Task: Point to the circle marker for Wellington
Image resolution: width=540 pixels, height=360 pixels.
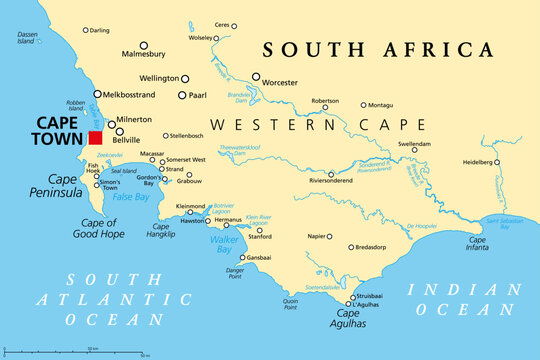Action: coord(185,78)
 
